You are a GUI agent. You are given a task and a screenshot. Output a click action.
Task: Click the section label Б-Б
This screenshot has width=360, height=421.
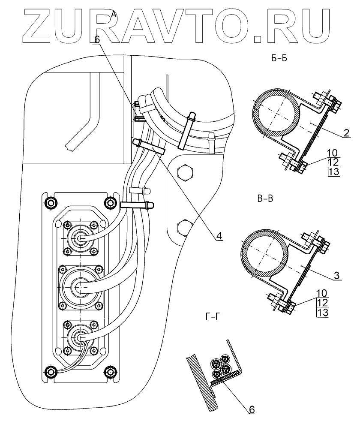tap(279, 60)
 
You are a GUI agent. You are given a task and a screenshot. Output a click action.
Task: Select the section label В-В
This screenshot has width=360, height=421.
tap(266, 198)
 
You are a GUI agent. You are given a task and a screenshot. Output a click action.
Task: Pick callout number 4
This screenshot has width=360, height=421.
tap(218, 236)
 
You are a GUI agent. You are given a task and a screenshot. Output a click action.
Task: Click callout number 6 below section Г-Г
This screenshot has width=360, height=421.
tap(252, 410)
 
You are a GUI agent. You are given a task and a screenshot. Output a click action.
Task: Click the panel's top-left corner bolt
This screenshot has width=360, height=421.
tap(51, 202)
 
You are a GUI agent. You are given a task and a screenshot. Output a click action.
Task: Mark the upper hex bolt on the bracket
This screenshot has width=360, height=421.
tap(185, 174)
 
